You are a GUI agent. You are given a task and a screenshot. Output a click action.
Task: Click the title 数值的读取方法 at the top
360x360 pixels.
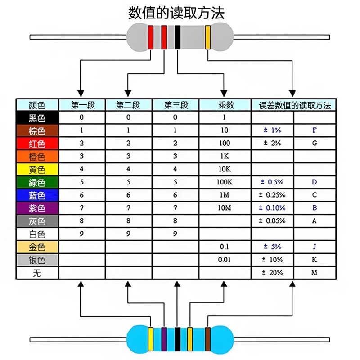[x=176, y=13]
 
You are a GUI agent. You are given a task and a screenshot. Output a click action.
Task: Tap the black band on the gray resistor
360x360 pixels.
[x=177, y=37]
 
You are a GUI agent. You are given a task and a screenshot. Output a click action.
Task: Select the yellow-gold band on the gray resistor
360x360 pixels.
[x=208, y=37]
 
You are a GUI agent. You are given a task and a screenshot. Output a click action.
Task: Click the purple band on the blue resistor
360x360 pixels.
[x=164, y=339]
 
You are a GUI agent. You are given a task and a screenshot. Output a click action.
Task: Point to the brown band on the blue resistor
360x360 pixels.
[x=208, y=339]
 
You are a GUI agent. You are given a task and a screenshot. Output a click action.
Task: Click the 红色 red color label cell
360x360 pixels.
[x=37, y=144]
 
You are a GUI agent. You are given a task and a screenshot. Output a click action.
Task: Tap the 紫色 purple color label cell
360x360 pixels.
[x=37, y=208]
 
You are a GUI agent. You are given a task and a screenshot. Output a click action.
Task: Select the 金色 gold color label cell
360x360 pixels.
[x=37, y=247]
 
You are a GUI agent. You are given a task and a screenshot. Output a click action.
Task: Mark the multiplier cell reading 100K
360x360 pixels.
[x=225, y=182]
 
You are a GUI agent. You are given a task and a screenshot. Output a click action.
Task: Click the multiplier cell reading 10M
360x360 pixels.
[x=225, y=208]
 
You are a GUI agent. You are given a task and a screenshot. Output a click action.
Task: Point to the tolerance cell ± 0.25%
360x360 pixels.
[x=272, y=195]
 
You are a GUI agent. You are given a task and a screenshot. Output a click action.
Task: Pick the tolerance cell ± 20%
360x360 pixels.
[x=272, y=273]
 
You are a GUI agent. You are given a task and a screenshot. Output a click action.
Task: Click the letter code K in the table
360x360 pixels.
[x=314, y=260]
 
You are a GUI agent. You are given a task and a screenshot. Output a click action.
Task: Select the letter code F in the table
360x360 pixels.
[x=315, y=130]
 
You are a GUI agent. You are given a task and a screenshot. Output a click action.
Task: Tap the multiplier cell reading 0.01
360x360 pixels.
[x=224, y=260]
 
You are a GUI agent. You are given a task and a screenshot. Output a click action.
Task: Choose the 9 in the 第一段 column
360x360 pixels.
[x=81, y=234]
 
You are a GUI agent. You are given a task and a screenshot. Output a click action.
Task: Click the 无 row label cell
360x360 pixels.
[x=37, y=273]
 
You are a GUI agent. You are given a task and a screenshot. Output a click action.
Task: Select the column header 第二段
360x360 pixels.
[x=128, y=105]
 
